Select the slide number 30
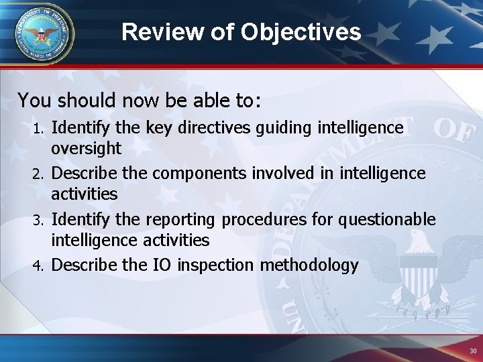(x=473, y=351)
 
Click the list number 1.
(x=39, y=128)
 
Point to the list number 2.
(x=39, y=174)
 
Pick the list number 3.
(x=39, y=220)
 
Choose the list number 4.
(x=39, y=266)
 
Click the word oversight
(x=87, y=148)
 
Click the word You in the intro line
(x=36, y=101)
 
